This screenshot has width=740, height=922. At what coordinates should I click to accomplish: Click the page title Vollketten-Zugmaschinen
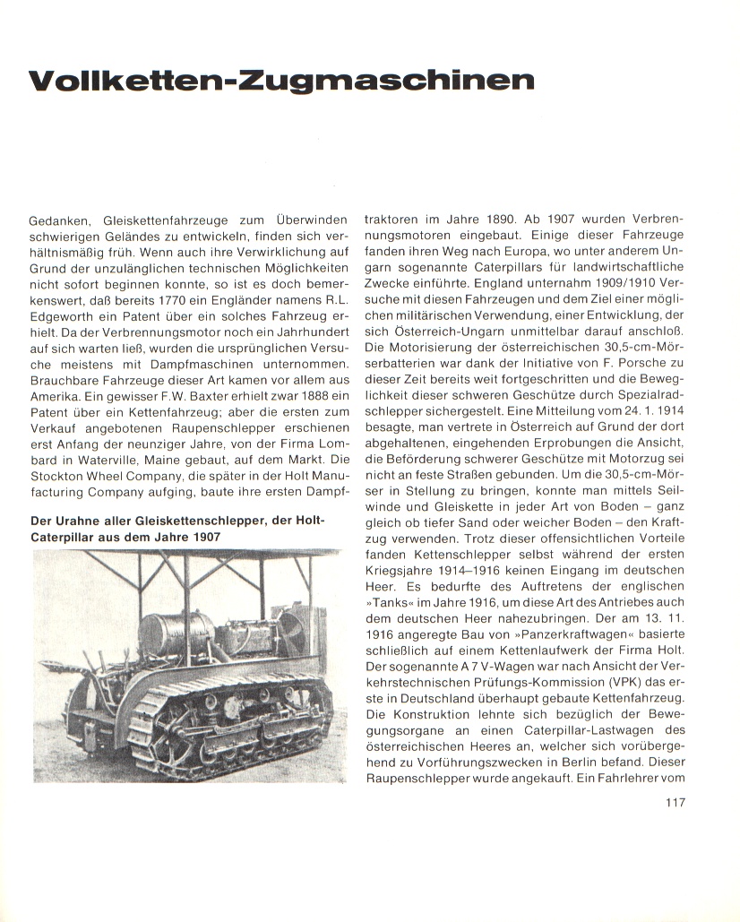(x=280, y=82)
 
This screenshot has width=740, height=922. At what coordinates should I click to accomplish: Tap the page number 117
(x=675, y=802)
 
